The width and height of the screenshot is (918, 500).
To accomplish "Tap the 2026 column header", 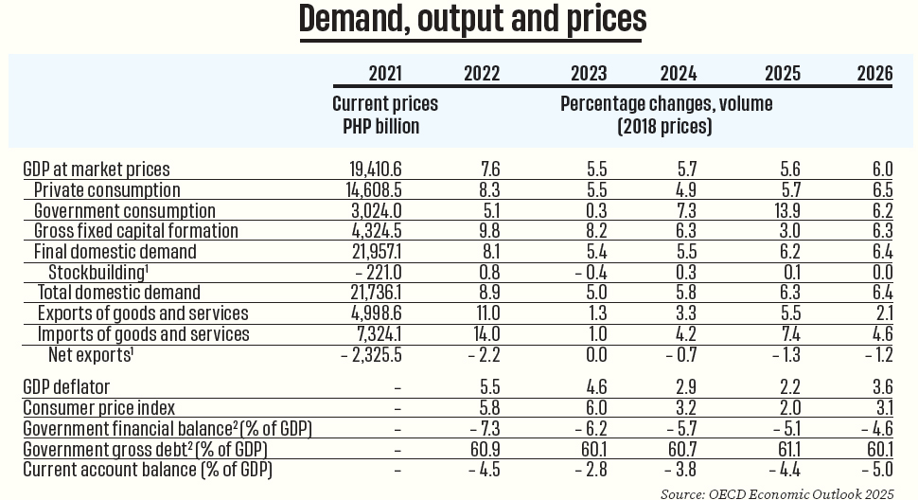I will pyautogui.click(x=874, y=74).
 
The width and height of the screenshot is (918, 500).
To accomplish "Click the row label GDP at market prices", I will pyautogui.click(x=96, y=170).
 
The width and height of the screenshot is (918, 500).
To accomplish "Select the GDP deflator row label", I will pyautogui.click(x=66, y=387).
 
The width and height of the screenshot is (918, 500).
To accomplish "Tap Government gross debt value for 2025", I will pyautogui.click(x=777, y=449).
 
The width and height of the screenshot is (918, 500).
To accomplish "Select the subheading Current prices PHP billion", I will pyautogui.click(x=385, y=115).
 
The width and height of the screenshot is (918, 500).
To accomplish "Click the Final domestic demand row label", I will pyautogui.click(x=115, y=252).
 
